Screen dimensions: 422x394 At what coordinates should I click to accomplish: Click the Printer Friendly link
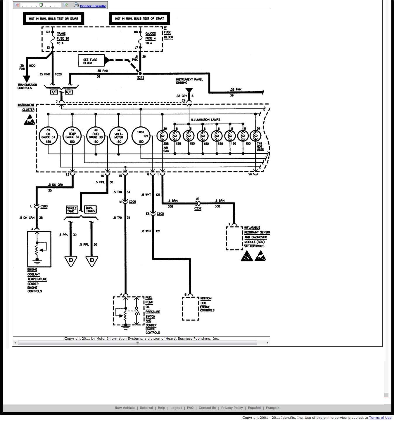(93, 6)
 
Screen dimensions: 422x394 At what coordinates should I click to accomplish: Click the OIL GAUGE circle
(48, 136)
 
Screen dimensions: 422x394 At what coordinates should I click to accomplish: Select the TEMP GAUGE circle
(72, 136)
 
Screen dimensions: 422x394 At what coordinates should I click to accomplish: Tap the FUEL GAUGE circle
(96, 136)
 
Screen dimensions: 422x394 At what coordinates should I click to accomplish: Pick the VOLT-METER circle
(119, 136)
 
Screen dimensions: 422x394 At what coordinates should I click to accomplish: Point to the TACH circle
(141, 136)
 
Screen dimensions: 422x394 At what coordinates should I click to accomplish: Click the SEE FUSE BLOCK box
(91, 61)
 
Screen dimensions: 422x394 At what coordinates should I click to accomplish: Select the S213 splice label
(141, 78)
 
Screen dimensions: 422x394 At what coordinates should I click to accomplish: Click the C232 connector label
(198, 208)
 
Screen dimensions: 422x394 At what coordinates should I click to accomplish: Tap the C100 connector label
(160, 214)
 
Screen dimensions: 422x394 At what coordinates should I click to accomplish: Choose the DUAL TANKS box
(90, 210)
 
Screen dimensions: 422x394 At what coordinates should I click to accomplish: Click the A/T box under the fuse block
(54, 92)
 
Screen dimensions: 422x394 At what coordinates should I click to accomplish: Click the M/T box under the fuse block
(69, 92)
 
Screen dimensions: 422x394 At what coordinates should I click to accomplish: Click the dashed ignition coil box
(191, 308)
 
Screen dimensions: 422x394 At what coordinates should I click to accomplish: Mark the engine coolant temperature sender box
(39, 249)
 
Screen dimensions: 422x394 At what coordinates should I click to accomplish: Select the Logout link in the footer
(176, 408)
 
